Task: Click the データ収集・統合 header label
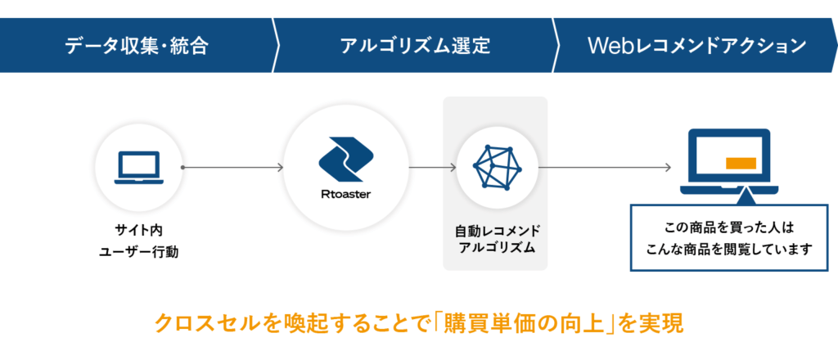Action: coord(137,46)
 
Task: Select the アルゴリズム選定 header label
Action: coord(415,46)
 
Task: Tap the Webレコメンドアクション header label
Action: coord(697,46)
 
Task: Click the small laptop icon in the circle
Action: coord(137,167)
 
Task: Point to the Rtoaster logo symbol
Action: coord(346,160)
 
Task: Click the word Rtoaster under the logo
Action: coord(346,195)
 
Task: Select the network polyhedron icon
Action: coord(497,167)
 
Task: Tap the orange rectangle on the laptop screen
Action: coord(741,163)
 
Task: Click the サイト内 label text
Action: coord(138,232)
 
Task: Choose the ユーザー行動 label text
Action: coord(138,252)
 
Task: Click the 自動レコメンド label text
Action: coord(497,232)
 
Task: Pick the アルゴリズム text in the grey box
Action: coord(497,248)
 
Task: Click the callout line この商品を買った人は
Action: coord(729,228)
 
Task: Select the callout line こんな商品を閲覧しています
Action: coord(729,249)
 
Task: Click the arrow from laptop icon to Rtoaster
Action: coord(232,168)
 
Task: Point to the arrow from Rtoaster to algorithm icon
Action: coord(433,168)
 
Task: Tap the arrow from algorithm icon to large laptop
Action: coord(605,168)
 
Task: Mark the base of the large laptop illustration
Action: coord(729,190)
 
